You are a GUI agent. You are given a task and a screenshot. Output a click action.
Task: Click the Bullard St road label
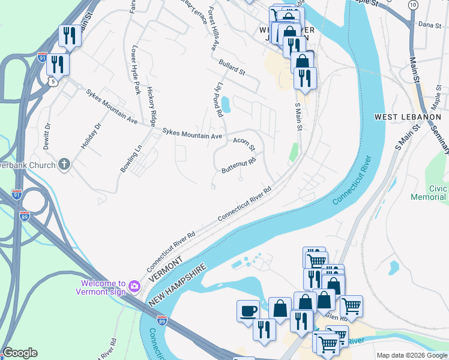click(232, 67)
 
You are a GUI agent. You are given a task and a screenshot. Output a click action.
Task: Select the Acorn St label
click(244, 143)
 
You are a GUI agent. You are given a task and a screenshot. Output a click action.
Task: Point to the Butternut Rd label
click(239, 166)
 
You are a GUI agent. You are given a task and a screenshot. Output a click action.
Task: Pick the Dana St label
click(429, 25)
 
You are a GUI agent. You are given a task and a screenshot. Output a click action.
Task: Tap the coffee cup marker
click(248, 311)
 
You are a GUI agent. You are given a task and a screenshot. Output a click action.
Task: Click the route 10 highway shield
click(412, 5)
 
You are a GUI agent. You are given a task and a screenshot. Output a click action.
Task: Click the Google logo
click(19, 353)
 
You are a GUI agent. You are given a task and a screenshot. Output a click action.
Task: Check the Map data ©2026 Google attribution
click(412, 355)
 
